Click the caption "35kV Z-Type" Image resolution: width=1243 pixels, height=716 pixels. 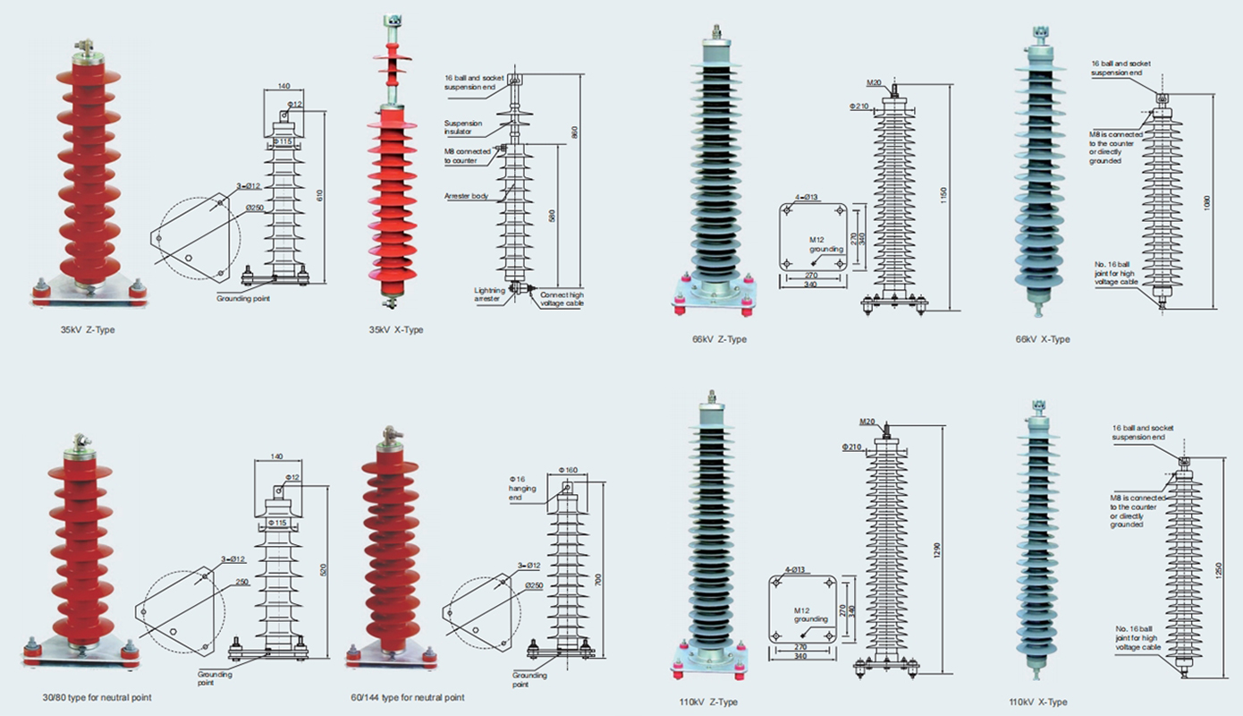pos(88,330)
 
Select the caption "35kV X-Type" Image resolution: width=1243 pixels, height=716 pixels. pos(396,330)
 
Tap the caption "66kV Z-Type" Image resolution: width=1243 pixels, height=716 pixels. pos(719,339)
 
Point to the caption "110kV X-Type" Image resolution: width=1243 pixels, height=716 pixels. pos(1038,703)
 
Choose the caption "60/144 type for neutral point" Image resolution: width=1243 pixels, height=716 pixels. pos(408,697)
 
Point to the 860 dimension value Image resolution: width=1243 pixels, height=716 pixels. pos(576,132)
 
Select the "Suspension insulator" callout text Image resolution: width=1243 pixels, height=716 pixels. pos(463,127)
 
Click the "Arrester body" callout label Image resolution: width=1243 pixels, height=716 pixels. pos(466,195)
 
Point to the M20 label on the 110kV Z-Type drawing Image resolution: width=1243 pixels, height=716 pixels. pos(867,422)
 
